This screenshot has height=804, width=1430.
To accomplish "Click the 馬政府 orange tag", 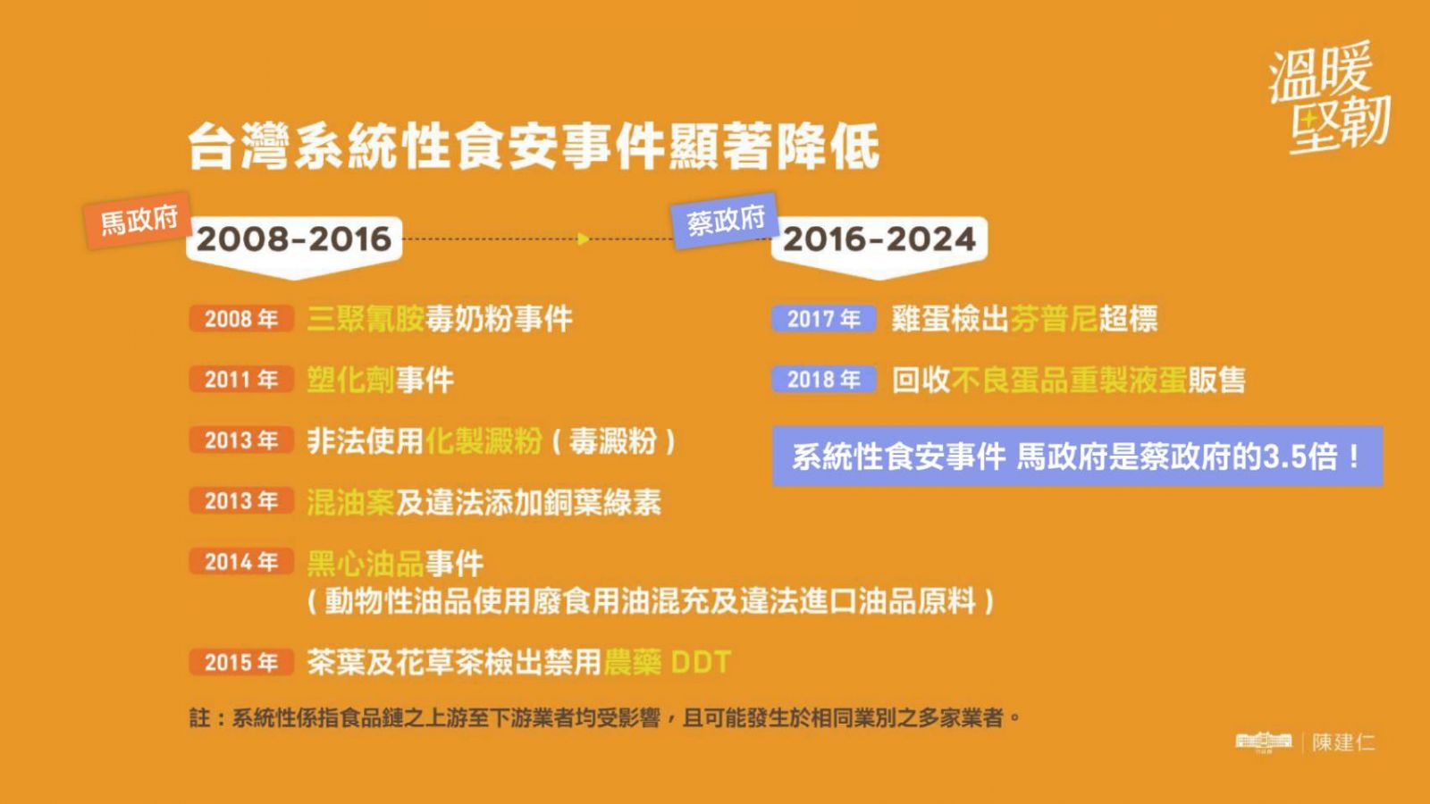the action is pyautogui.click(x=138, y=220).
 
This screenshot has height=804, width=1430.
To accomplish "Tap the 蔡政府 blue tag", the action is pyautogui.click(x=725, y=221).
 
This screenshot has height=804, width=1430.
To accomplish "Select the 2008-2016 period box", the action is pyautogui.click(x=294, y=247).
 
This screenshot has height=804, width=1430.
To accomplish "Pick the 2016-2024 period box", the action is pyautogui.click(x=879, y=247).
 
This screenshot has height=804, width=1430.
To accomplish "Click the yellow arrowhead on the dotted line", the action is pyautogui.click(x=583, y=239).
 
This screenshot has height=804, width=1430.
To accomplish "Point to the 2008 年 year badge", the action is pyautogui.click(x=241, y=318).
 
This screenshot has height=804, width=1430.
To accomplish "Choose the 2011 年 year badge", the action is pyautogui.click(x=241, y=380).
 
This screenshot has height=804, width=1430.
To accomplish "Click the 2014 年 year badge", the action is pyautogui.click(x=241, y=562).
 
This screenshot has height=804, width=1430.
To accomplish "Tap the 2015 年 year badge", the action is pyautogui.click(x=241, y=662).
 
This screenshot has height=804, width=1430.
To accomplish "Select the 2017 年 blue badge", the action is pyautogui.click(x=823, y=318).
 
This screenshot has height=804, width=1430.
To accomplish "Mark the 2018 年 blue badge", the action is pyautogui.click(x=823, y=380).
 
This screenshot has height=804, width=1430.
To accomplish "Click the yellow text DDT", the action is pyautogui.click(x=701, y=662).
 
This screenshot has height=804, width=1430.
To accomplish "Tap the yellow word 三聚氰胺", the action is pyautogui.click(x=366, y=319).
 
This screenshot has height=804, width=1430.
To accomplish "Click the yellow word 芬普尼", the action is pyautogui.click(x=1054, y=319).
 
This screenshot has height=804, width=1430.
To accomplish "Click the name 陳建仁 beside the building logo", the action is pyautogui.click(x=1343, y=742).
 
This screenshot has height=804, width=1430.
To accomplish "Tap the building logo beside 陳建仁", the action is pyautogui.click(x=1264, y=742).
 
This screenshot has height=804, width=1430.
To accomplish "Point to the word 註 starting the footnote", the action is pyautogui.click(x=200, y=718).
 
